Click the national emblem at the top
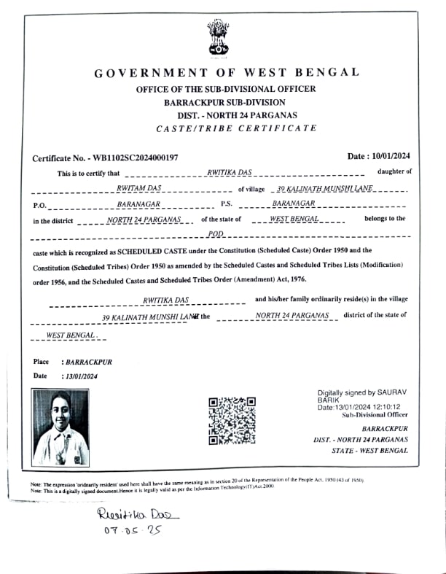(x=217, y=38)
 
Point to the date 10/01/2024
(x=391, y=156)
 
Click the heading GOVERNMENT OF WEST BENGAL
(x=227, y=72)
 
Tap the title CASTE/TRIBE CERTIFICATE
(x=237, y=128)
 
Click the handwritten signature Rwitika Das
(x=137, y=515)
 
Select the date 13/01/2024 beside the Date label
(x=80, y=376)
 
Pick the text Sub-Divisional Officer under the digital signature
(x=375, y=414)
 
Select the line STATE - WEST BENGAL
(x=369, y=451)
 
